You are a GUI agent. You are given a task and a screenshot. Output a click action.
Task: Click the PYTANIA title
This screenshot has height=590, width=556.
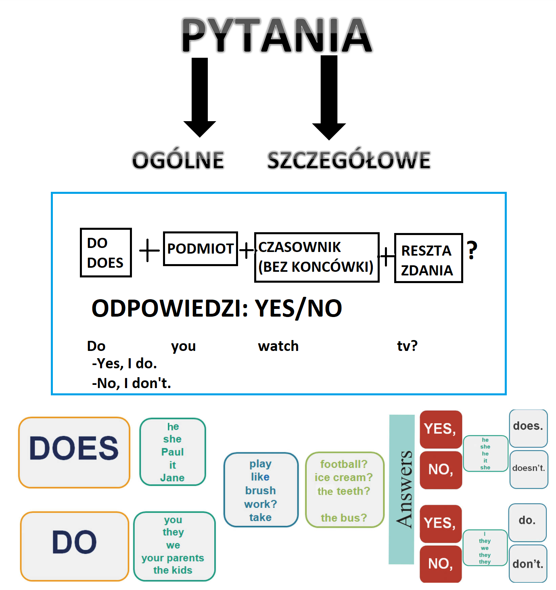(277, 35)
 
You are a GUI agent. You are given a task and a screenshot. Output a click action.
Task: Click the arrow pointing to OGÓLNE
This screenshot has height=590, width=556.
(200, 97)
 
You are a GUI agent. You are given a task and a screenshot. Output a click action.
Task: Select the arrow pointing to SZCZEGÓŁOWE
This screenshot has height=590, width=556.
(329, 97)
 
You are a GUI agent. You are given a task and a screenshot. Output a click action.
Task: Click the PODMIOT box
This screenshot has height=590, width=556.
(201, 249)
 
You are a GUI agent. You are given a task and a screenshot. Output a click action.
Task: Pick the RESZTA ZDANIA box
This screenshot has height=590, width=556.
(428, 258)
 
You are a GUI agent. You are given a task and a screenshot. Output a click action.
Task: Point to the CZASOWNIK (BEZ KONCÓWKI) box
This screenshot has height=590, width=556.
(317, 257)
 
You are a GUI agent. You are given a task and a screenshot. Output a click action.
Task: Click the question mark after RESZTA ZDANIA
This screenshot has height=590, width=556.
(472, 250)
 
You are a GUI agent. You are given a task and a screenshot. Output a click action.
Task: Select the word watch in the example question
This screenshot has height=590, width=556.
(278, 346)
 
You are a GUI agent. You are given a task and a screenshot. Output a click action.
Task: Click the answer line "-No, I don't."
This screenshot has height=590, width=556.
(132, 383)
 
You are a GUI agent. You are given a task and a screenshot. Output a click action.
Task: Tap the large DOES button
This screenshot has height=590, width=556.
(74, 452)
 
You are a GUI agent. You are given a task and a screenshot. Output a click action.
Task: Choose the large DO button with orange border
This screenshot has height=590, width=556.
(75, 546)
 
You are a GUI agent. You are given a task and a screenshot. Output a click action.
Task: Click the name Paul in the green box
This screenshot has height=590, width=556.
(172, 452)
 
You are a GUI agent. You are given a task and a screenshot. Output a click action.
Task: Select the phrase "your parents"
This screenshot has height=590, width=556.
(173, 558)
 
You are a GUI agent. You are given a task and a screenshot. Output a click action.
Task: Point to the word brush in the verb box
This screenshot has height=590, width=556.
(260, 491)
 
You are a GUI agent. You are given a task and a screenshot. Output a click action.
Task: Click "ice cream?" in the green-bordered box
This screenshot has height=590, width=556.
(343, 477)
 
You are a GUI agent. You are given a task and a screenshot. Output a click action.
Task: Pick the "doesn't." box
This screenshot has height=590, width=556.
(529, 469)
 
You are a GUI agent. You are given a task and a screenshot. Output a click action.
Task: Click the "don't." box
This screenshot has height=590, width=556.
(528, 564)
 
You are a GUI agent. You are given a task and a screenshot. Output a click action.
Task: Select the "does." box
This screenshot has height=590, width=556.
(528, 428)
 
